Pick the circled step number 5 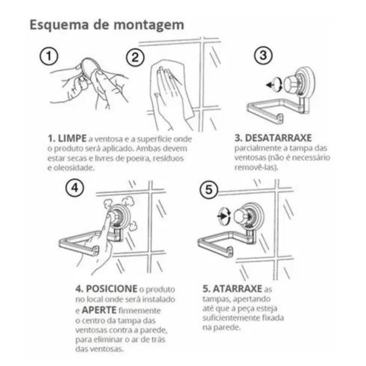(208, 190)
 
